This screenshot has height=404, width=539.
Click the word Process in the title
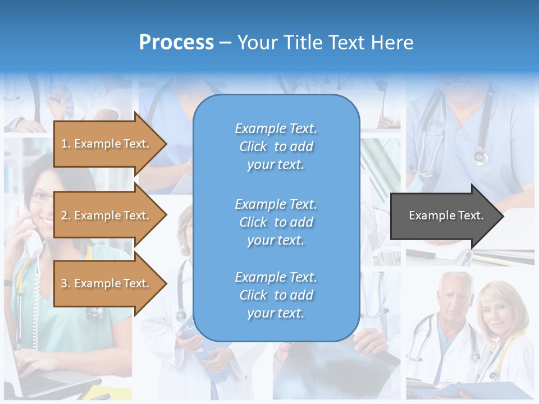coord(176,42)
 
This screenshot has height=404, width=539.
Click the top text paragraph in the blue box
coord(276,146)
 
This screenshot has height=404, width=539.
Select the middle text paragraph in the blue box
coord(276,222)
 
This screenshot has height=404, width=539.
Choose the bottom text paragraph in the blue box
coord(276,295)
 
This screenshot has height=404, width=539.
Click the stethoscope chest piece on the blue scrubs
coord(480,157)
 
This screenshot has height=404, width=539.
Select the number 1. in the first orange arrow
coord(66,144)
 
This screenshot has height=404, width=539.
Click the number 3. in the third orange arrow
coord(66,283)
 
